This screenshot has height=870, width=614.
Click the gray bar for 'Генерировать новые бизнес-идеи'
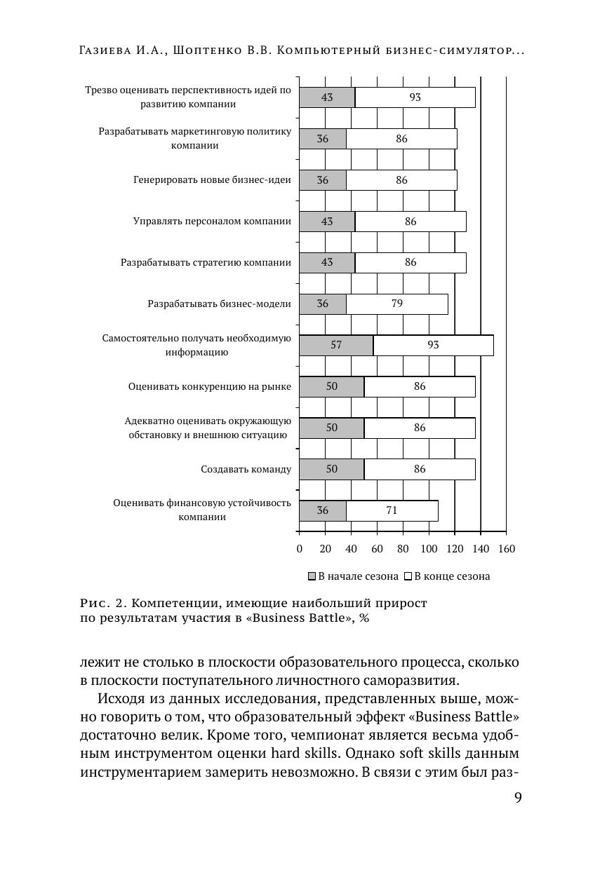click(323, 180)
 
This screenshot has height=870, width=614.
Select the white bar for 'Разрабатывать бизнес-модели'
click(396, 304)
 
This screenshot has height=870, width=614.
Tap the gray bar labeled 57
click(336, 346)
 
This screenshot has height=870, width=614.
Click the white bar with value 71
click(392, 511)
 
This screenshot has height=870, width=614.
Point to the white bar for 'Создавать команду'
click(419, 470)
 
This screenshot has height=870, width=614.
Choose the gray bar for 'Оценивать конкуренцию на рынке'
click(331, 387)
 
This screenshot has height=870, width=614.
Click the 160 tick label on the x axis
click(507, 549)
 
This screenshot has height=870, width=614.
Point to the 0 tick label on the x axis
click(300, 549)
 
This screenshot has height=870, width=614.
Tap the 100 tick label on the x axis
click(429, 549)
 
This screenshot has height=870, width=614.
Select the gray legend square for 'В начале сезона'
click(312, 577)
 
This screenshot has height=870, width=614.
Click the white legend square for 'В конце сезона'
click(408, 577)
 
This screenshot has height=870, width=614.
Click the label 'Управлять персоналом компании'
click(212, 222)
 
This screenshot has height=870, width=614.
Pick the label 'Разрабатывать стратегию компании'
click(206, 263)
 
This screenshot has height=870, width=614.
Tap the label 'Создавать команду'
click(246, 470)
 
